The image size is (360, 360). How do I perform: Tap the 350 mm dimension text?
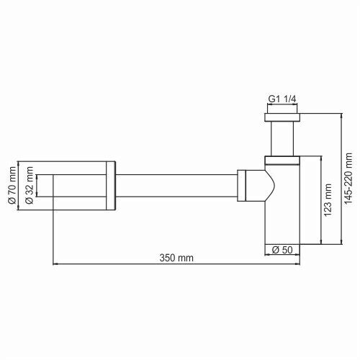pos(176,257)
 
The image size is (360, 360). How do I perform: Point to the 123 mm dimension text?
pos(328,200)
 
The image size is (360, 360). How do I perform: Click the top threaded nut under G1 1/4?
pos(281,116)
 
